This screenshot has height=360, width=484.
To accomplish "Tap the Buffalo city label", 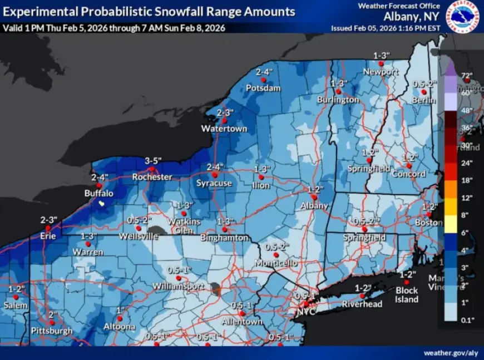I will [x=98, y=194].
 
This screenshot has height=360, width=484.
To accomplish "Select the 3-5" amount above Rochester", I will [x=152, y=161].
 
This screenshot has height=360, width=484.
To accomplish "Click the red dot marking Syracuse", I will [x=215, y=175].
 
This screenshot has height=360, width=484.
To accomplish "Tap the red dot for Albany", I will [x=314, y=197].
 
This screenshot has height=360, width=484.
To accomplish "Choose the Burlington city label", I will [x=338, y=100].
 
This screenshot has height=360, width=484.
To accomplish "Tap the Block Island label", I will [x=407, y=295].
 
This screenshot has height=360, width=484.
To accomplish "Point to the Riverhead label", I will [x=362, y=304].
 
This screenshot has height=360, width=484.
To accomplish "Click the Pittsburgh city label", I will [x=52, y=331].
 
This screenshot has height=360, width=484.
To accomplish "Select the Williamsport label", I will [x=179, y=287].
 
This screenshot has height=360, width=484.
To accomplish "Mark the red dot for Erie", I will [x=48, y=228].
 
